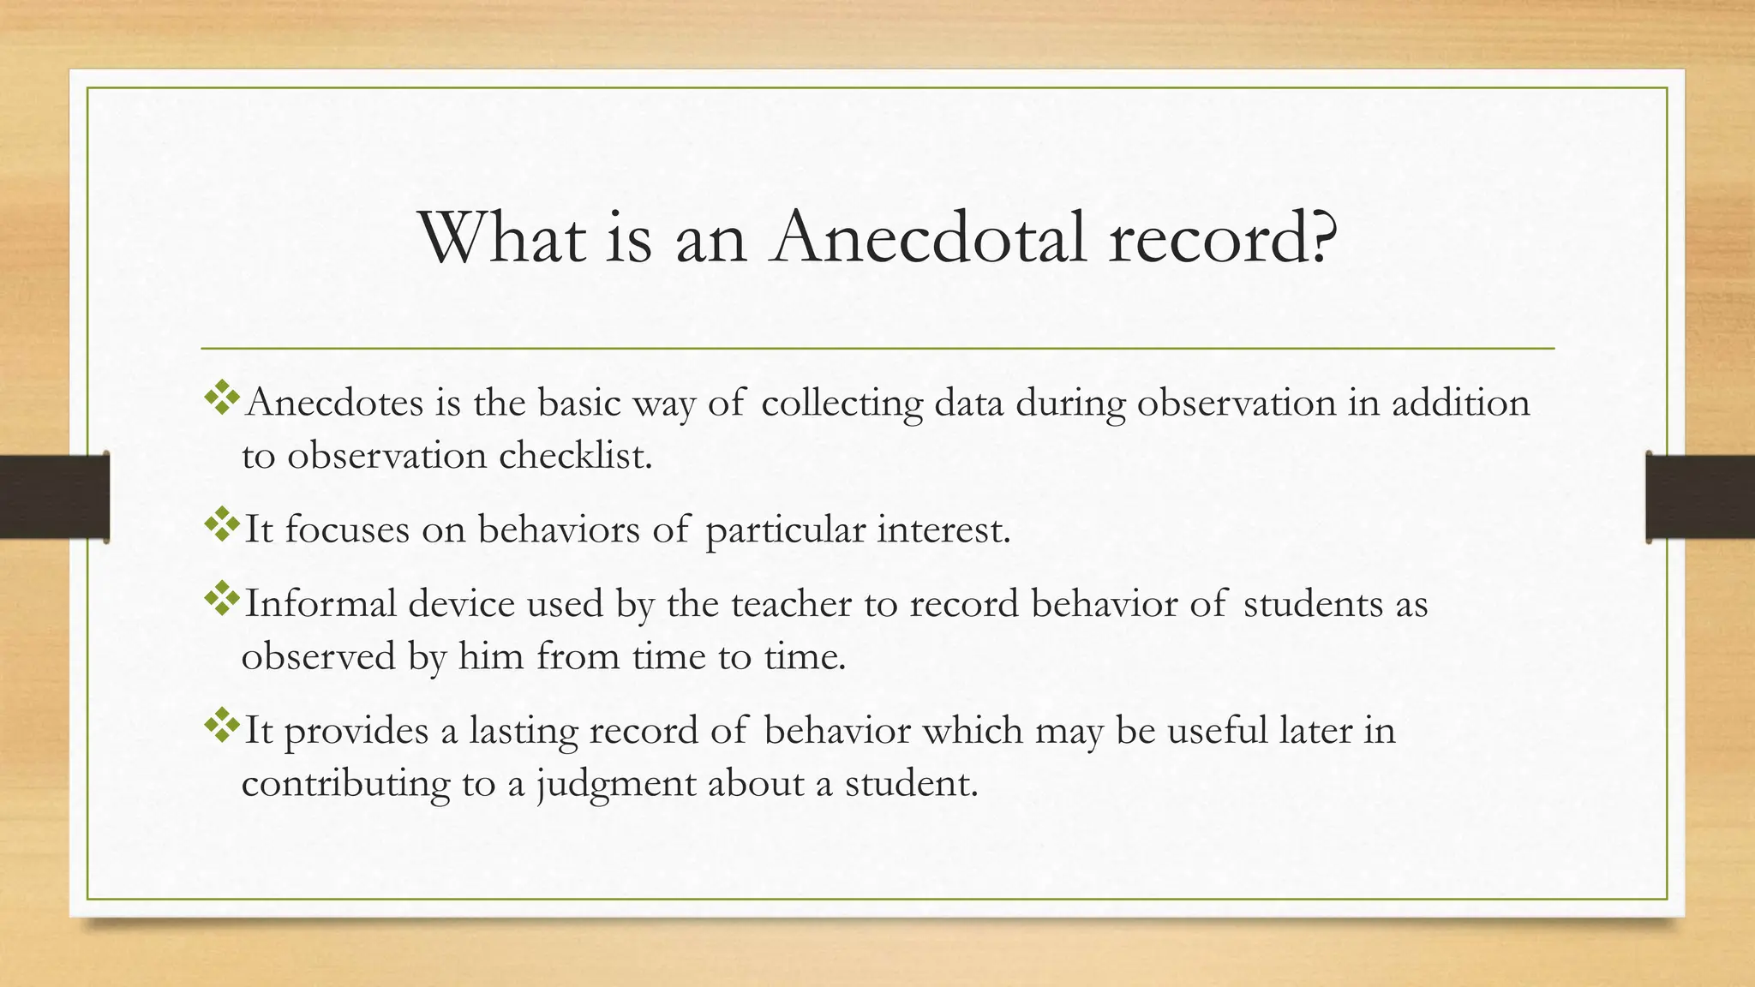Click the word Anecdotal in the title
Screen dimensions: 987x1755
(929, 237)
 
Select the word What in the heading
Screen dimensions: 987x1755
(503, 237)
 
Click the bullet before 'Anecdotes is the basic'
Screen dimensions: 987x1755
(221, 398)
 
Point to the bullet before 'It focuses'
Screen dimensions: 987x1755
(221, 524)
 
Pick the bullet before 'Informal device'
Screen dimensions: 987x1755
(221, 599)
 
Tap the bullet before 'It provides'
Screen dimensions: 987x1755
(221, 726)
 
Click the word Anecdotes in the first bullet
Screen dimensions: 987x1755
(334, 403)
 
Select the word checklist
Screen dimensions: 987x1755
(575, 455)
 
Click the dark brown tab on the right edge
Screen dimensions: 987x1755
(1700, 497)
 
